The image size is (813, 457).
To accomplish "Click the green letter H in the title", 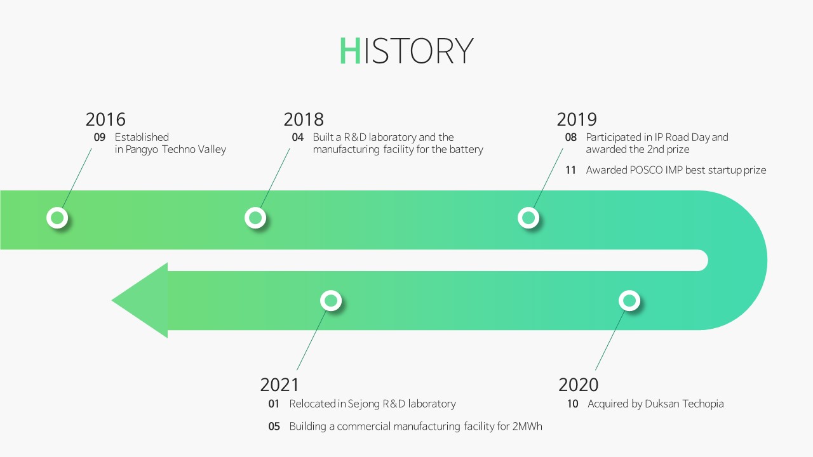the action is click(350, 50).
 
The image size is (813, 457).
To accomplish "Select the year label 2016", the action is click(105, 119).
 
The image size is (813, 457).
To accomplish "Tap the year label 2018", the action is click(304, 119).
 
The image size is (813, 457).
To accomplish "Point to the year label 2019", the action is click(577, 119).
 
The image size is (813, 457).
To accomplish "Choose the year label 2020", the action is click(578, 385).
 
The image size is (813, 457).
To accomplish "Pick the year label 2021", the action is click(279, 385).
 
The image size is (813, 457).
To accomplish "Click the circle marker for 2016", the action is click(57, 218).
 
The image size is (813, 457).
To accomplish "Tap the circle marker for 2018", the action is click(255, 218).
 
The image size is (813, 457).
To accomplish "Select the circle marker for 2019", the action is click(528, 218).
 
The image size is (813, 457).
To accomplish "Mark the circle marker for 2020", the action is click(629, 301).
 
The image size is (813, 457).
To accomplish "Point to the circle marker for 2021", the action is click(331, 301).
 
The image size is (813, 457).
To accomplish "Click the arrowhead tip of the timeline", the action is click(112, 300).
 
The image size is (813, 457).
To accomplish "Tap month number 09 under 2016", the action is click(100, 138).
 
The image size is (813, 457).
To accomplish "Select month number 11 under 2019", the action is click(570, 170).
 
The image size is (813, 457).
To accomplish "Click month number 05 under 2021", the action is click(274, 426).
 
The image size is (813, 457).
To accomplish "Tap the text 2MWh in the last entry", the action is click(527, 426).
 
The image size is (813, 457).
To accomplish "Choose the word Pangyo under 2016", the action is click(142, 150).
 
